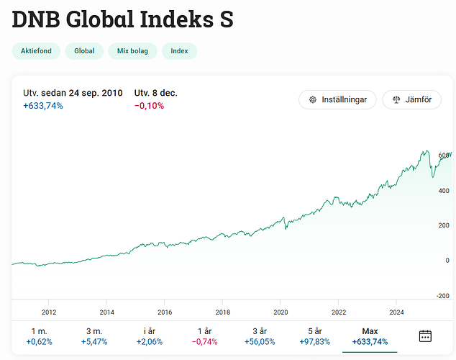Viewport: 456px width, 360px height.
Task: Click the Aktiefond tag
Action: (35, 51)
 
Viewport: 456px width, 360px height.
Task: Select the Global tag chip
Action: (84, 51)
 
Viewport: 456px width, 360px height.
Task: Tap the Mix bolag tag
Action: (132, 51)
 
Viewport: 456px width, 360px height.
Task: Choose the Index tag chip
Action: (179, 51)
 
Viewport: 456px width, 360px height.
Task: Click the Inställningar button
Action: (337, 99)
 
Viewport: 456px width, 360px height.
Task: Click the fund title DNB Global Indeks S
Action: (122, 19)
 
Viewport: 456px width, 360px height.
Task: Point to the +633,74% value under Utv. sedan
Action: (43, 106)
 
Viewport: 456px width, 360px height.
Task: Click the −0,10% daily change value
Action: (150, 106)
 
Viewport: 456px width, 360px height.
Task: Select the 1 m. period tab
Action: (39, 336)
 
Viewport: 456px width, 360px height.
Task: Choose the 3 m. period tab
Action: (94, 336)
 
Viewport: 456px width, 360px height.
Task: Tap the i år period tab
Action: (148, 336)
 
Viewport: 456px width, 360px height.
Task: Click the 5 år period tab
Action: (314, 336)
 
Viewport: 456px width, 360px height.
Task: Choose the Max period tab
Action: (370, 336)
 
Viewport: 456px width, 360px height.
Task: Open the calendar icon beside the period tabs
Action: (425, 336)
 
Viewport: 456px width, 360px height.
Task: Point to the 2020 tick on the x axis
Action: (281, 312)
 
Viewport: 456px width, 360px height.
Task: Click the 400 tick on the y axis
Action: (444, 191)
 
